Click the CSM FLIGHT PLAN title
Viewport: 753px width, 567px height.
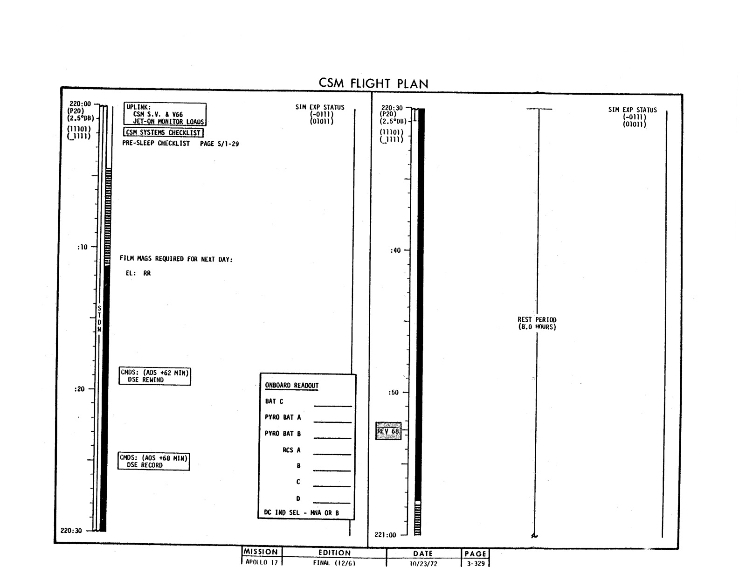(373, 83)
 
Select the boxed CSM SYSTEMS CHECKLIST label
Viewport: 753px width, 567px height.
(163, 132)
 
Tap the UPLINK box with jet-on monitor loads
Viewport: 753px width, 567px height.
(165, 114)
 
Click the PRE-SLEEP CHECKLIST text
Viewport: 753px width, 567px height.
(156, 143)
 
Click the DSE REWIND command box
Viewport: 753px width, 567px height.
(155, 376)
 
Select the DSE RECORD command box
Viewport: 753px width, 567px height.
(154, 461)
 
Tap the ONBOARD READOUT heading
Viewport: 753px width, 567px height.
(291, 385)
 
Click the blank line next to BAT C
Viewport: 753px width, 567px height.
(333, 406)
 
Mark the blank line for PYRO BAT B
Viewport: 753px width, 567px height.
(332, 438)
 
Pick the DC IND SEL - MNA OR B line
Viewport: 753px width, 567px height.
(301, 512)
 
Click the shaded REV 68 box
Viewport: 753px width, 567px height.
(388, 431)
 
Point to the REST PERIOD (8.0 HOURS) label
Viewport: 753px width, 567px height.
(537, 323)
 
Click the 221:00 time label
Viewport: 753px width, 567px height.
(385, 535)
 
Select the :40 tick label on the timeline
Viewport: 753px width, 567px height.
(395, 250)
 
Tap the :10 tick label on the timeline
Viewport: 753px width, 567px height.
(83, 247)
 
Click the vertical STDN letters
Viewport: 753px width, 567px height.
(99, 318)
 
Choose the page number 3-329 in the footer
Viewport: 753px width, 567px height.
(476, 563)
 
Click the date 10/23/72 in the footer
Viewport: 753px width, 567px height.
(423, 563)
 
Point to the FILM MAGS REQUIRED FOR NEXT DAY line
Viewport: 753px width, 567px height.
(176, 259)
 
